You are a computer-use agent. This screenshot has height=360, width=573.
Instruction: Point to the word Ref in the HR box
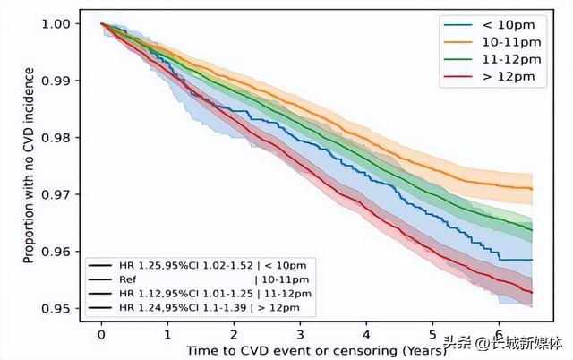pos(124,280)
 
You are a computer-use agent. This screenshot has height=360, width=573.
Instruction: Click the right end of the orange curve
pos(532,189)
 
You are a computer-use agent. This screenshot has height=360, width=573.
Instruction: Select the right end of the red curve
pos(532,293)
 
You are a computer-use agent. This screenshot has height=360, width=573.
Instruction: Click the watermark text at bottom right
pos(506,342)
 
